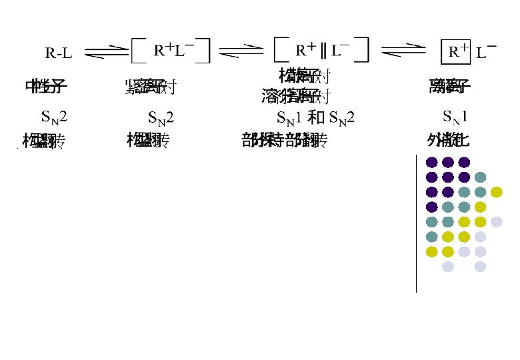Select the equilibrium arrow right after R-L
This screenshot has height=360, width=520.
[106, 50]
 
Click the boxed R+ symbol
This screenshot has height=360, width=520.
[458, 51]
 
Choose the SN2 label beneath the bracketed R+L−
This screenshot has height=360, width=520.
[160, 119]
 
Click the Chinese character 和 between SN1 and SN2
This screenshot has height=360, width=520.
[317, 119]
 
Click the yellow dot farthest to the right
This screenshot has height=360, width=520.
[496, 192]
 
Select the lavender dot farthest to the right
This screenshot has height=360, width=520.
[496, 222]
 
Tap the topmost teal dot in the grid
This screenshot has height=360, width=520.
[480, 177]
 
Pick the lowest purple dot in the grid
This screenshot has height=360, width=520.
[432, 207]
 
